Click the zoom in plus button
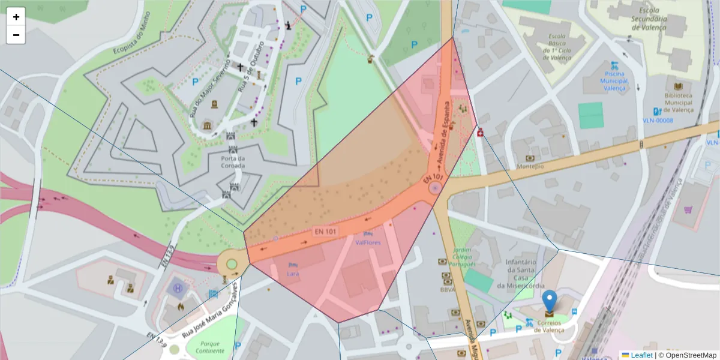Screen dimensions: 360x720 16,17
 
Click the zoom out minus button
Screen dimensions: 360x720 16,35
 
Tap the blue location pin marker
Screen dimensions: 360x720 549,302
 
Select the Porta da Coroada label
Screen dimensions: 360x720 232,162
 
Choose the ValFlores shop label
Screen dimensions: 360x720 368,242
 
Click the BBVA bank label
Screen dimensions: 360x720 446,289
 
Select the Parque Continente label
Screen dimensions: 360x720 205,347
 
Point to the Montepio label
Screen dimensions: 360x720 530,166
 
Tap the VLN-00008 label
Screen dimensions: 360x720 658,121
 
